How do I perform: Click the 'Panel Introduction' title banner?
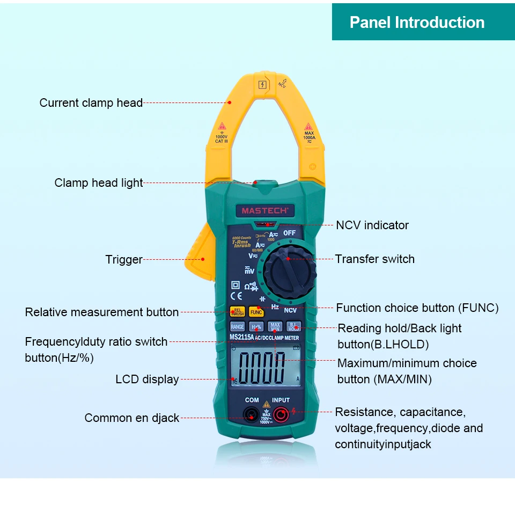coord(417,22)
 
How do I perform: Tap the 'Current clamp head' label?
coord(91,103)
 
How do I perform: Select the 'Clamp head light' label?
coord(99,183)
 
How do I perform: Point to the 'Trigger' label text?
coord(124,260)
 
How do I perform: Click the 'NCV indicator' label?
coord(372,225)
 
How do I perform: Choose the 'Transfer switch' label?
coord(375,259)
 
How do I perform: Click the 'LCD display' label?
coord(147,379)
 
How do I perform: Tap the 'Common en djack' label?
coord(132,418)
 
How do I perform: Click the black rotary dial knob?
coord(288,273)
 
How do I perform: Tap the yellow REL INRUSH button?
coord(237,311)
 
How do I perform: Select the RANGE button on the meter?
coord(237,326)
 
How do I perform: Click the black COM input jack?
coord(251,414)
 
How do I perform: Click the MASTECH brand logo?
coord(264,211)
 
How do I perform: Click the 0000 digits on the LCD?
coord(262,367)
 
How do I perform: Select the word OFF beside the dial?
coord(290,233)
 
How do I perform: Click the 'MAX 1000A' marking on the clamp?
coord(309,136)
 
